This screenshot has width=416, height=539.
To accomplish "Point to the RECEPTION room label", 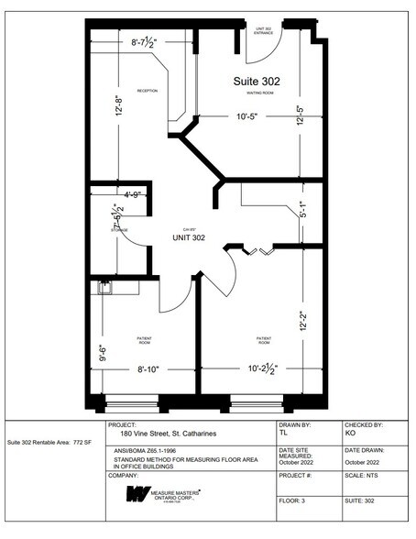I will pyautogui.click(x=148, y=91).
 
